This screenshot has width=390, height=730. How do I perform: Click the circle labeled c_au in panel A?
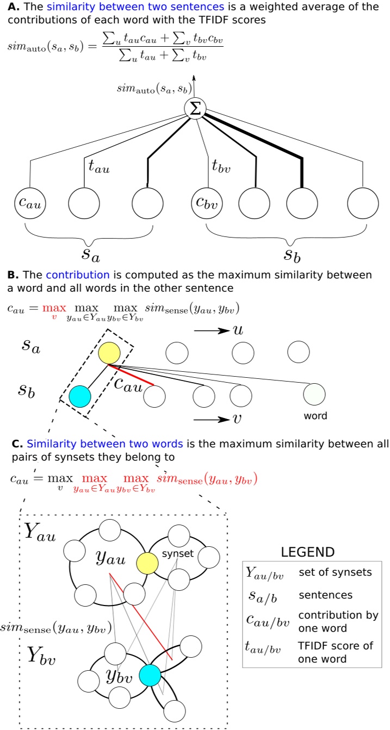[30, 204]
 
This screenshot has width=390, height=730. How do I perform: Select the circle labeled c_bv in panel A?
[207, 204]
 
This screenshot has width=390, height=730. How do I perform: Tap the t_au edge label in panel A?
[99, 166]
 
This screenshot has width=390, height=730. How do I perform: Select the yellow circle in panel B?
[109, 354]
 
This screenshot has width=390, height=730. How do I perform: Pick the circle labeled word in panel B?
[314, 394]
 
